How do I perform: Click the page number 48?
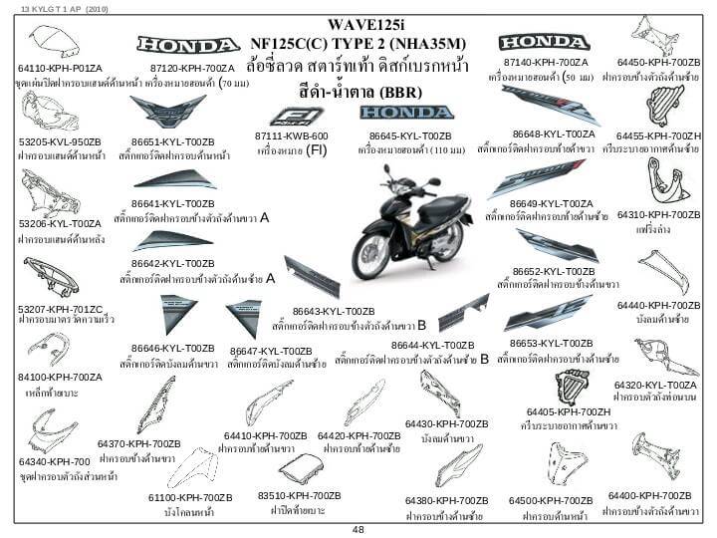point(358,530)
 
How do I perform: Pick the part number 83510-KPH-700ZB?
point(299,495)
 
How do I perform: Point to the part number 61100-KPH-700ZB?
point(190,496)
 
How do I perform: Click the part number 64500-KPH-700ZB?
point(551,500)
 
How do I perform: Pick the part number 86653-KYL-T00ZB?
point(551,344)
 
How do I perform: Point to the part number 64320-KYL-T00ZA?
point(655,385)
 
